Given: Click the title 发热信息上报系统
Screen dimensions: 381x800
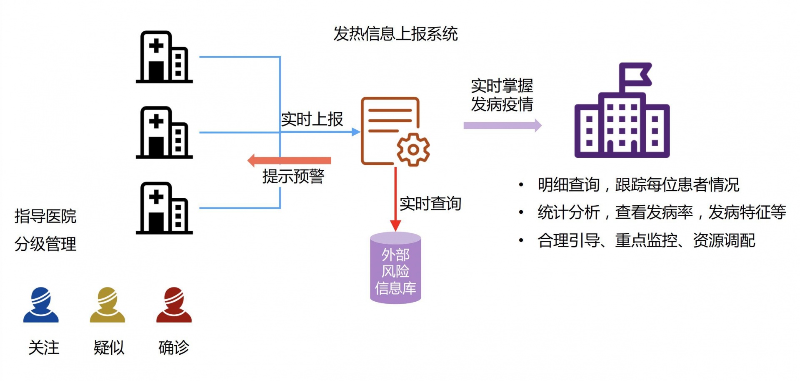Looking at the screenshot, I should [395, 34].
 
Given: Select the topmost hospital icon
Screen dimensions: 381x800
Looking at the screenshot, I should [164, 57].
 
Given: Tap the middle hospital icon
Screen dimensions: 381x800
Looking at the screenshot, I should [164, 133].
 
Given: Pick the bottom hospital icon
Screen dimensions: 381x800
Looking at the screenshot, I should [164, 208].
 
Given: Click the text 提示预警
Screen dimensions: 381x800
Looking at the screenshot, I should [293, 177].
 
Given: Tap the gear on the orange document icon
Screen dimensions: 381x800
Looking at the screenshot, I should [413, 149].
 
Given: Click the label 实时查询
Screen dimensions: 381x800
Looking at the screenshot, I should [430, 204].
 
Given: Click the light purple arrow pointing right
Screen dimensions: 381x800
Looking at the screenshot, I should [502, 125].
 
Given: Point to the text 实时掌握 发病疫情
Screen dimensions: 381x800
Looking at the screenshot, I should [502, 95].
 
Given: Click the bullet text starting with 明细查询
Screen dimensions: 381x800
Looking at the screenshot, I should [638, 184].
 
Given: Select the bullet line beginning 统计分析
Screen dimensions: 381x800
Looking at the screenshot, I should [661, 212].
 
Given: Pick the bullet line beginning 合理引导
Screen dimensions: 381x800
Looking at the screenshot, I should [646, 240].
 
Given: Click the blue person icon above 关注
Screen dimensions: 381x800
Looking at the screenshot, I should [41, 305].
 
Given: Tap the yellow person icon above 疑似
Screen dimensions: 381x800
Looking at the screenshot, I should [107, 305].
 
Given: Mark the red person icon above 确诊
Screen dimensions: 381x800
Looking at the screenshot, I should [174, 305].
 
